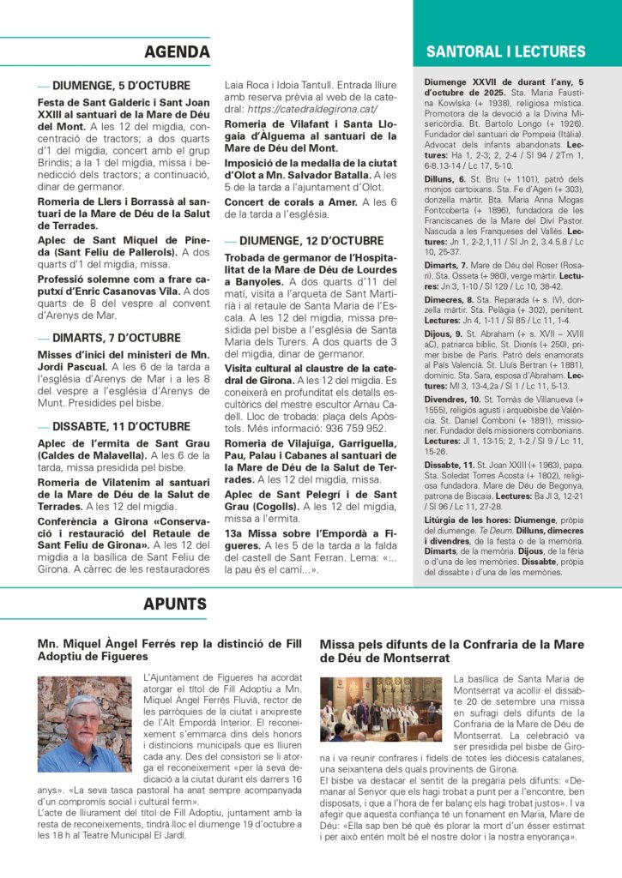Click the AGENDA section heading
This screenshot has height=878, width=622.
[177, 51]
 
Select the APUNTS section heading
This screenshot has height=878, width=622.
[175, 604]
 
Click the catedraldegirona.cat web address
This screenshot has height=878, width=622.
[313, 110]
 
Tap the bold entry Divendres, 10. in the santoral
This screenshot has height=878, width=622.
[451, 399]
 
